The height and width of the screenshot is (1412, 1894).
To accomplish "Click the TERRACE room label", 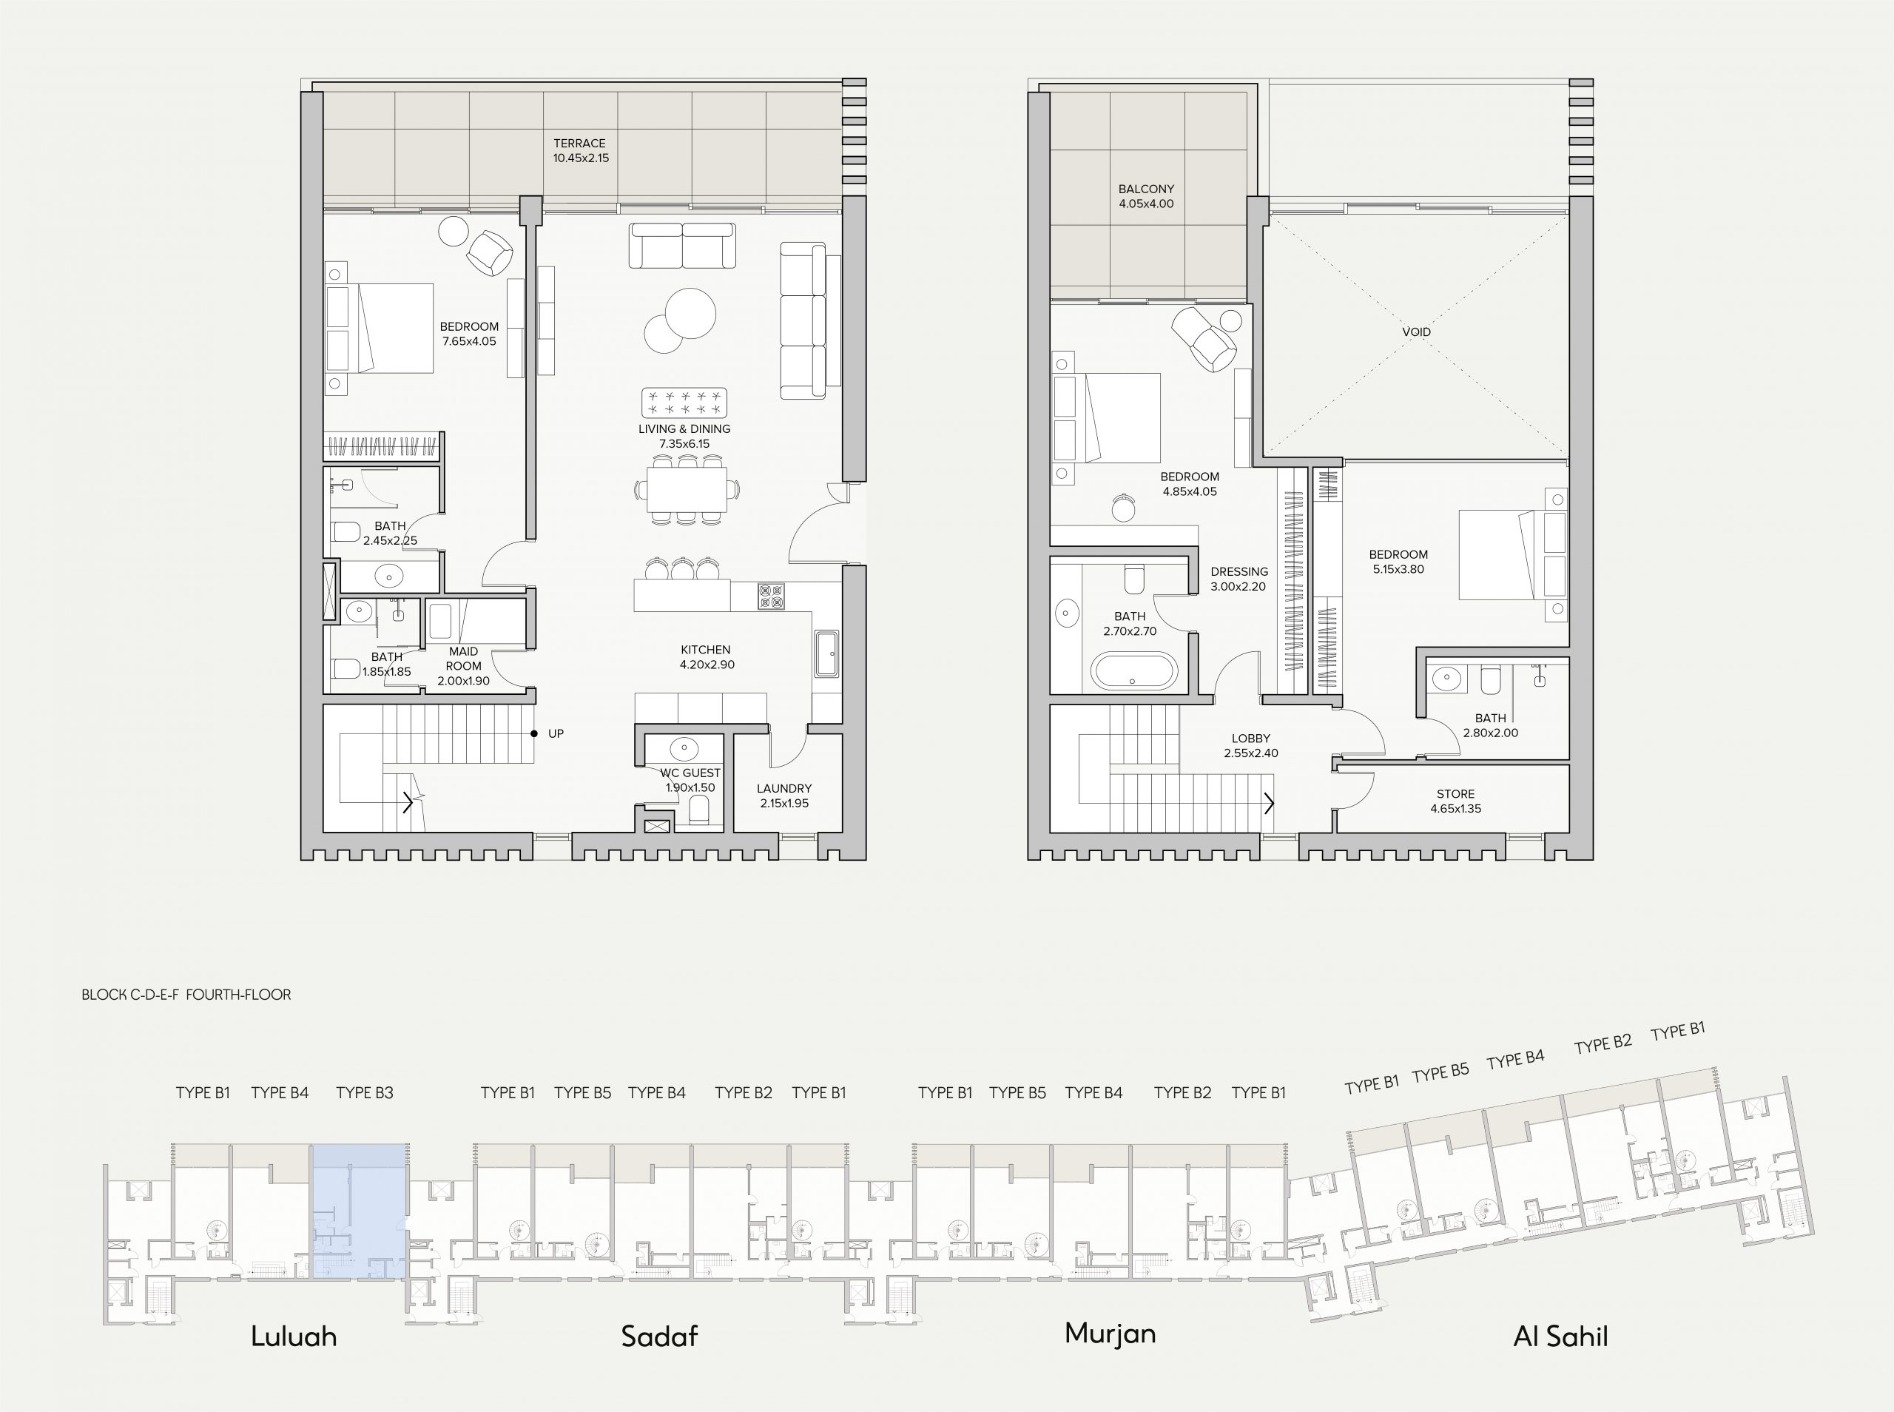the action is [579, 144].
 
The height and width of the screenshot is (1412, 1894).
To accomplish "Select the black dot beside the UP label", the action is [534, 733].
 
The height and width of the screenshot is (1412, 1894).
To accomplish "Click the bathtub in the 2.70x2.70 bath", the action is [1133, 671].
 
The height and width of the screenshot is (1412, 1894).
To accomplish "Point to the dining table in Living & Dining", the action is [687, 489].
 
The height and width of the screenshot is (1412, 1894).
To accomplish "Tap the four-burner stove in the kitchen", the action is [771, 596].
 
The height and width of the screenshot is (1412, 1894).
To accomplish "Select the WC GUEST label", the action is [690, 773].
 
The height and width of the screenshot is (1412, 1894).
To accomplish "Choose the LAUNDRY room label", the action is [783, 788].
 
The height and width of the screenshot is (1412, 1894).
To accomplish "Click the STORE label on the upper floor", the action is [1456, 793].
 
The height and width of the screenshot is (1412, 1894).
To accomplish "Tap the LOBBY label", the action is [1251, 738].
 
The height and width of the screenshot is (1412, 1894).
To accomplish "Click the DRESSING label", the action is [1238, 571].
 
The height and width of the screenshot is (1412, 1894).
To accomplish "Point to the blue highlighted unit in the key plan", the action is [359, 1212].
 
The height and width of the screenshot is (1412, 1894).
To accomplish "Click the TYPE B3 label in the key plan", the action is [365, 1092].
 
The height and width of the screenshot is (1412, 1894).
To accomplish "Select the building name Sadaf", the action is [659, 1336].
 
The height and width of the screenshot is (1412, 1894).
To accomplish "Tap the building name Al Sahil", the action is [1560, 1336].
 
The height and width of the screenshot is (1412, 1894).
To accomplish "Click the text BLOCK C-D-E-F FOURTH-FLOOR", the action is [186, 994].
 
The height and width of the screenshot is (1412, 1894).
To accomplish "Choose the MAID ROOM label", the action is [464, 658].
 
